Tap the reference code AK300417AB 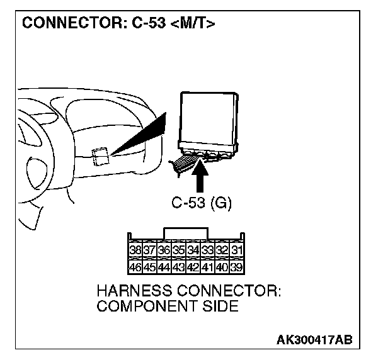[x=314, y=340]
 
